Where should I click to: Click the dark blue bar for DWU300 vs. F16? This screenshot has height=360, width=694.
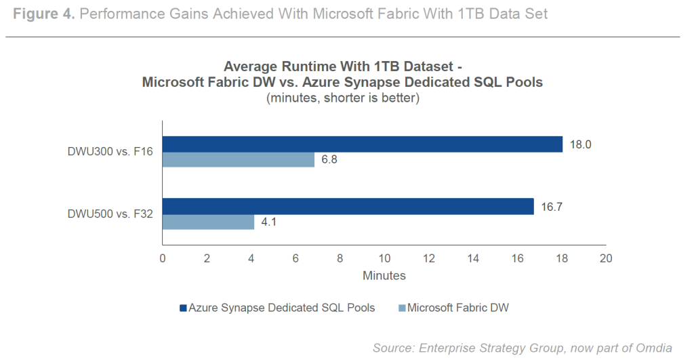[363, 144]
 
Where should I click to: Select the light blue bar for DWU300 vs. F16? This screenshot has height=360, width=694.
[239, 160]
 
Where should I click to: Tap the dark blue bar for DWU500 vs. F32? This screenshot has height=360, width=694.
[348, 206]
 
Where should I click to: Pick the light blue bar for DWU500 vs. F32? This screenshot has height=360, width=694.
[209, 222]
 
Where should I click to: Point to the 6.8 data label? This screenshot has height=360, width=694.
[329, 160]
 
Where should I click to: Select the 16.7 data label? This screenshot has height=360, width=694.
[550, 206]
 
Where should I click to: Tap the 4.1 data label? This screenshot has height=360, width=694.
[270, 222]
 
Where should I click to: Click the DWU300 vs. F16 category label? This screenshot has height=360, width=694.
[110, 152]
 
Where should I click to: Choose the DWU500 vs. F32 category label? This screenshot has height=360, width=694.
[110, 214]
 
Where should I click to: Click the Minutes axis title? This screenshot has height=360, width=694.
[384, 276]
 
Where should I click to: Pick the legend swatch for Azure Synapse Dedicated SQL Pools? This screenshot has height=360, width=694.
[183, 308]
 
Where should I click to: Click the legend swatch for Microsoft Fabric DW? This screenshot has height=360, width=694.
[402, 308]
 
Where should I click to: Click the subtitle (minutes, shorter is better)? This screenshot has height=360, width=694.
[342, 98]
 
